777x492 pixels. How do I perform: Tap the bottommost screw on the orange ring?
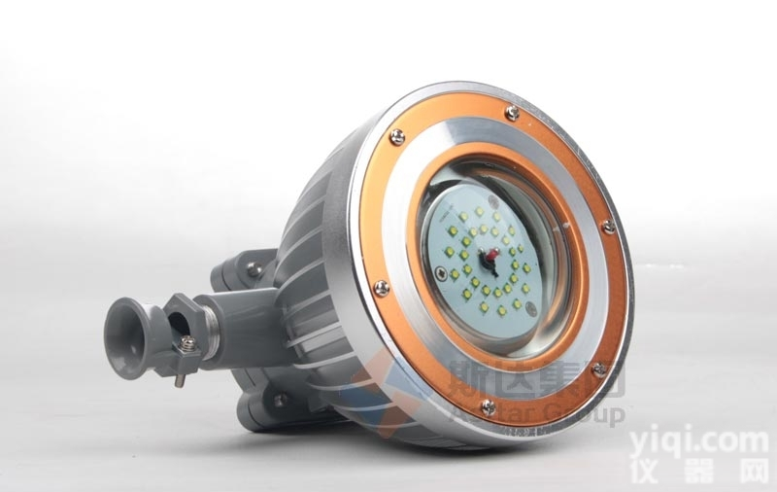[x=488, y=406]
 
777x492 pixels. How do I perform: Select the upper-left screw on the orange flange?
[x=396, y=137]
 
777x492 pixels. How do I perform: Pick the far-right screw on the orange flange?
[x=607, y=227]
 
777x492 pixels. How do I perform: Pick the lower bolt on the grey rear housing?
[x=279, y=400]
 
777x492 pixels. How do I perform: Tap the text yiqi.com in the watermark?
[x=698, y=443]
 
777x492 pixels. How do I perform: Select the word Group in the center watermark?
[x=589, y=416]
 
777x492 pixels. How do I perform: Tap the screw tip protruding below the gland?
[x=179, y=378]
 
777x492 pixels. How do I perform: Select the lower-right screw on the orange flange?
[x=598, y=369]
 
